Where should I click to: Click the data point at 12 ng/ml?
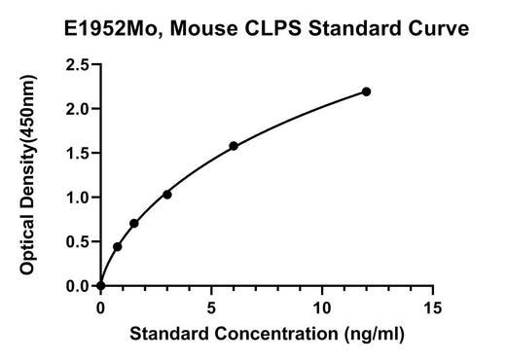[366, 92]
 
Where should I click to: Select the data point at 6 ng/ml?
[234, 146]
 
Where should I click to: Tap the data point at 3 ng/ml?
[167, 195]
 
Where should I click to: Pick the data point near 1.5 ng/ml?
[134, 224]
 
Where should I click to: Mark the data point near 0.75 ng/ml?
[118, 247]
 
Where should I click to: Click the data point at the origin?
[101, 286]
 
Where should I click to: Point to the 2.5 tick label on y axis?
[77, 65]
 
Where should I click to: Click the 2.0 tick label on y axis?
[77, 109]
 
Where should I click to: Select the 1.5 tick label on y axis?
[77, 153]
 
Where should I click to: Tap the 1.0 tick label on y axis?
[77, 198]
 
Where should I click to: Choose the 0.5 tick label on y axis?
[77, 241]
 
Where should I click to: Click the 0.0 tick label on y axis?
[77, 286]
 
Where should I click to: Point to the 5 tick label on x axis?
[211, 307]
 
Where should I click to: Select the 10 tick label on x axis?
[322, 307]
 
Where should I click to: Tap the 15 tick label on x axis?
[432, 307]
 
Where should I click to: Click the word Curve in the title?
[438, 28]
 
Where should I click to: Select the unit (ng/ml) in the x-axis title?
[375, 334]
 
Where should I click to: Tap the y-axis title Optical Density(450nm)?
[28, 175]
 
